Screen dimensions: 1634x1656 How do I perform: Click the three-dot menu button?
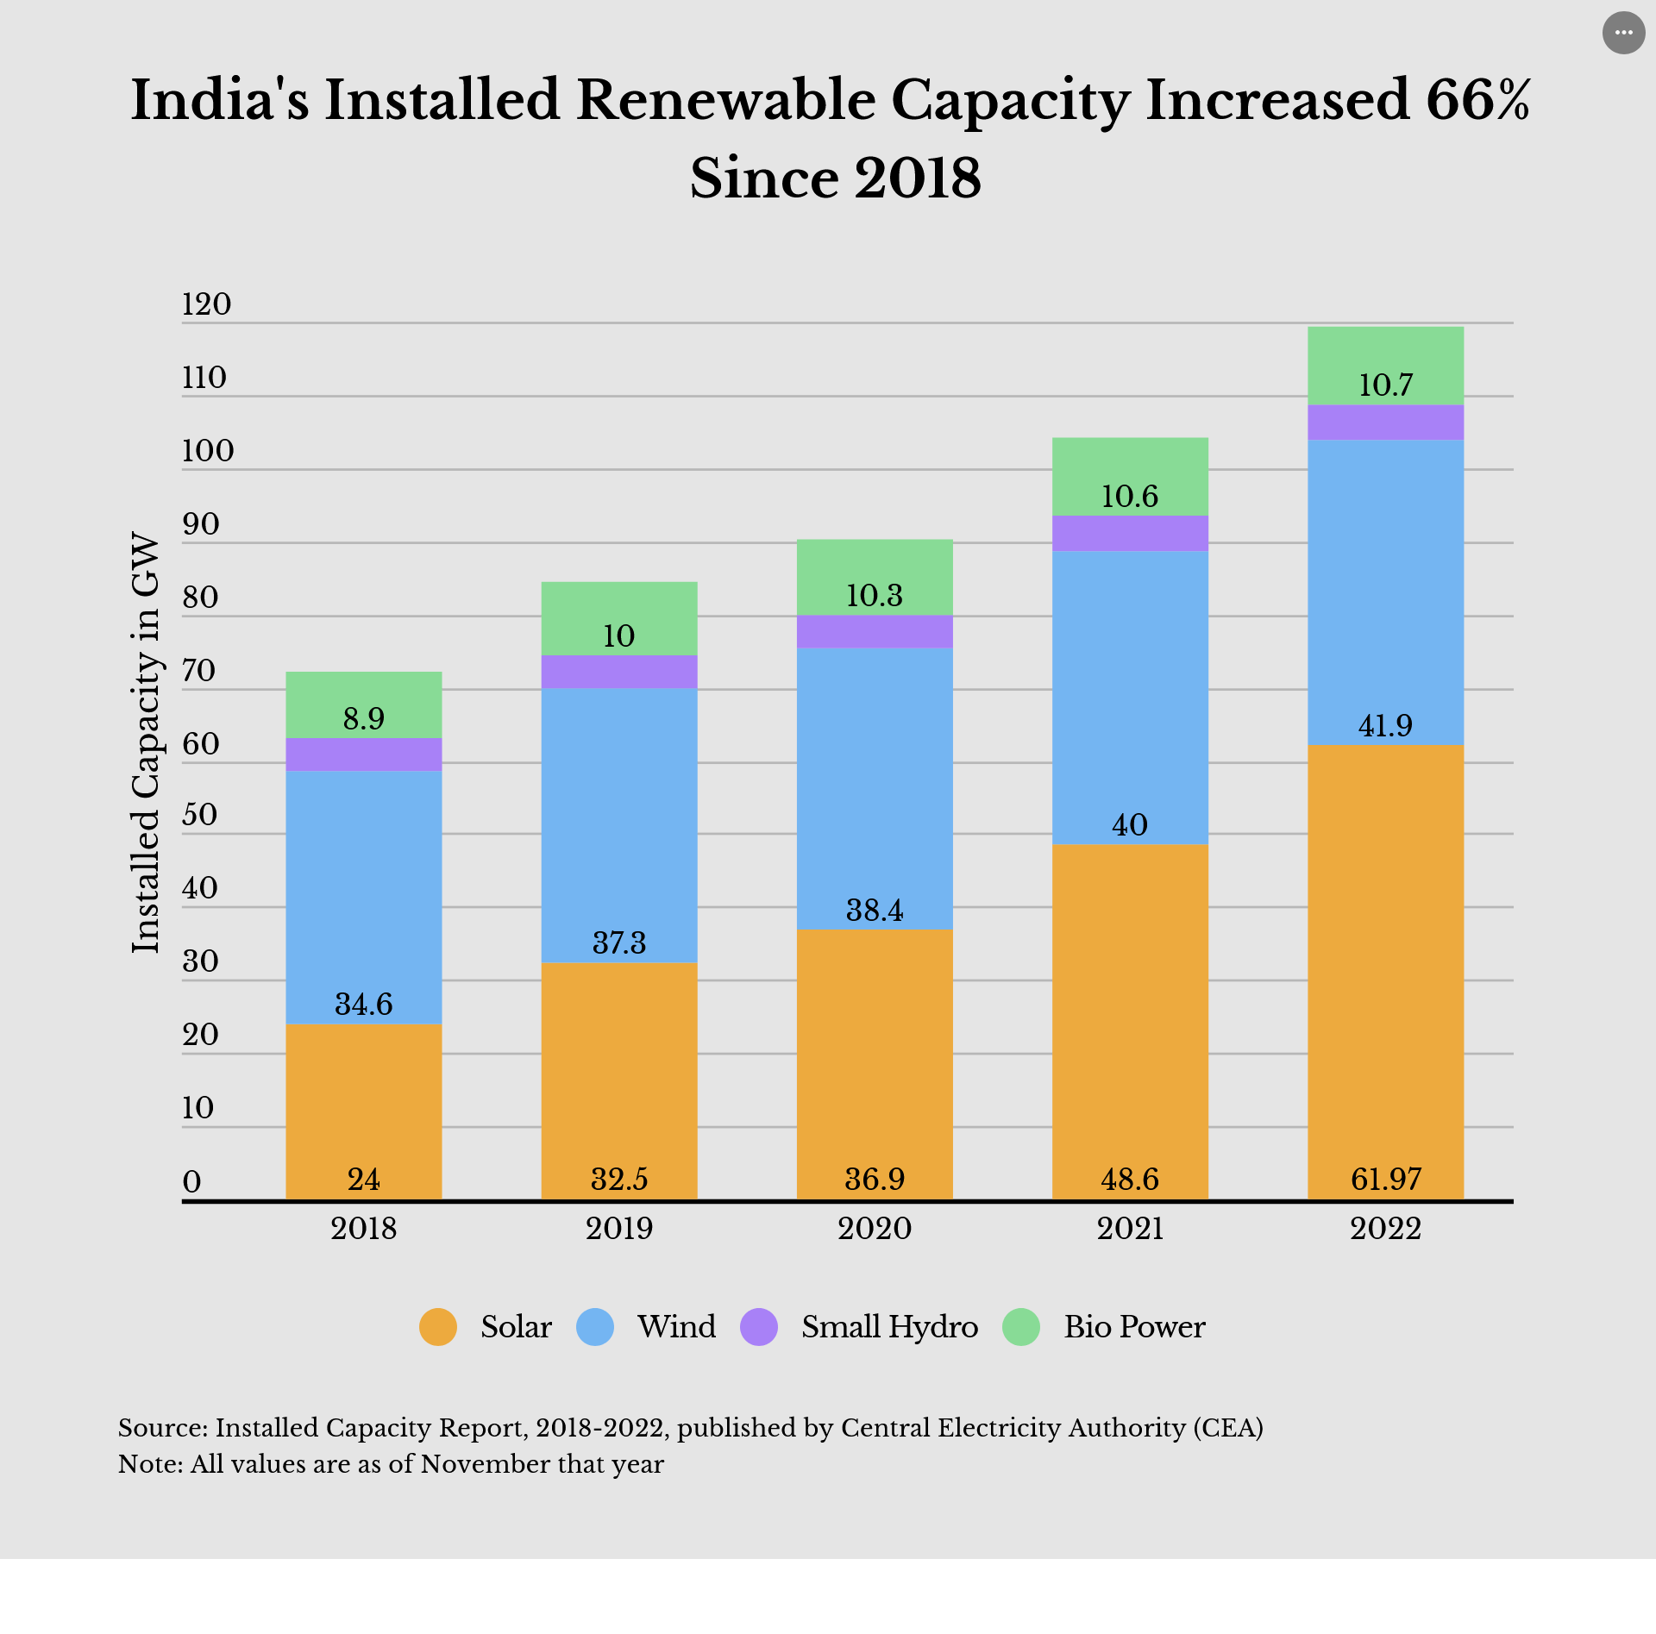[x=1623, y=33]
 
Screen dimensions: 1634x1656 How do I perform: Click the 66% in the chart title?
[x=1477, y=100]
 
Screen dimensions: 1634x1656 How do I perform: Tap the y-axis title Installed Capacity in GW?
[x=146, y=742]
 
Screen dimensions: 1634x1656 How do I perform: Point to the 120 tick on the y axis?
[x=206, y=304]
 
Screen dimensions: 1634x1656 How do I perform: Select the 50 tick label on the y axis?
[x=199, y=815]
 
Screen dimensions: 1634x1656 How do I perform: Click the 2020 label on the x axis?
[x=874, y=1228]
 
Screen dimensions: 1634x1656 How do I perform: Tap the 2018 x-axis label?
[x=363, y=1228]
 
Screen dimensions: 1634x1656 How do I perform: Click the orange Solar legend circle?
[x=437, y=1326]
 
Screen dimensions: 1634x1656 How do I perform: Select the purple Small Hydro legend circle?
[x=759, y=1326]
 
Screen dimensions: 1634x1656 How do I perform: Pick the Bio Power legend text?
[x=1134, y=1326]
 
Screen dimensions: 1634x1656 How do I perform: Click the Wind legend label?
[x=676, y=1326]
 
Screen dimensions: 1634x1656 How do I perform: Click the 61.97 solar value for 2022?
[x=1385, y=1179]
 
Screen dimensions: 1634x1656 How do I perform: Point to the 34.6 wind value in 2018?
[x=363, y=1004]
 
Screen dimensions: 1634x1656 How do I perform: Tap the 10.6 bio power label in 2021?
[x=1129, y=496]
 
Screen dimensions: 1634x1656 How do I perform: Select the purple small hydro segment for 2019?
[x=618, y=672]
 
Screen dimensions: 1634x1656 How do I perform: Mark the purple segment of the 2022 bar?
[x=1385, y=423]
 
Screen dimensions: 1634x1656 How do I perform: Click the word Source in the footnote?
[x=160, y=1428]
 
